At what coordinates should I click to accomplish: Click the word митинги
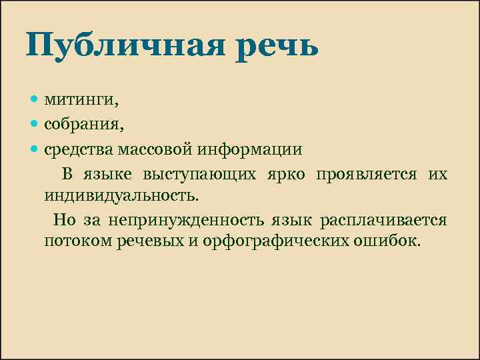pyautogui.click(x=81, y=101)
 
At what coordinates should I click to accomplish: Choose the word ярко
pyautogui.click(x=288, y=174)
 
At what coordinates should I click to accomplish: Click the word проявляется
pyautogui.click(x=367, y=174)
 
